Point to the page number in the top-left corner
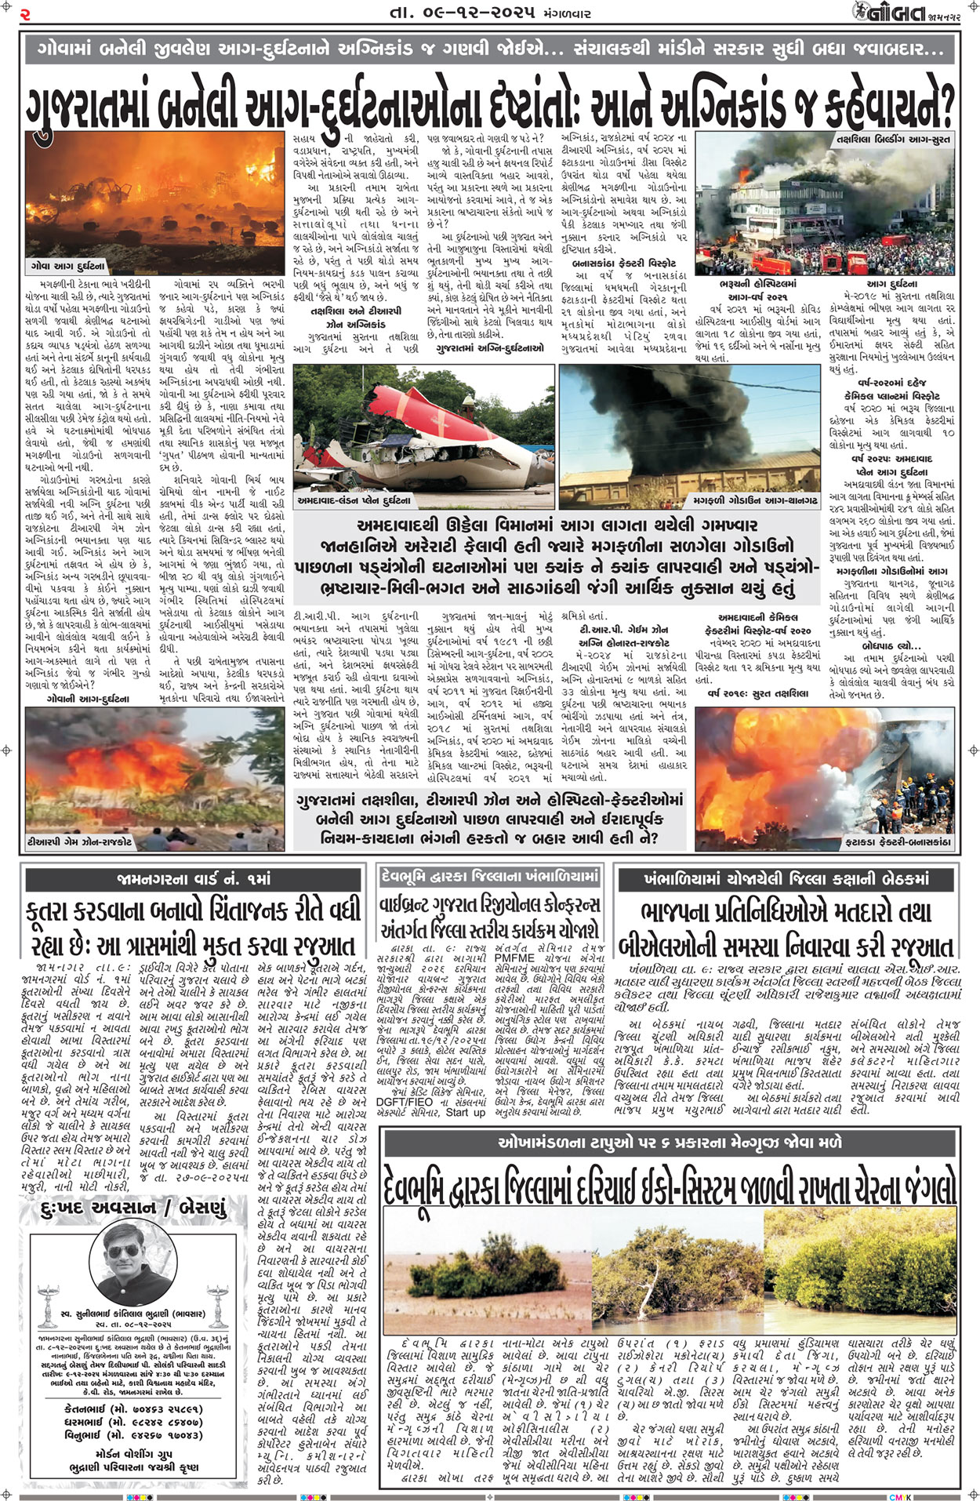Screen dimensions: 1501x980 pos(25,13)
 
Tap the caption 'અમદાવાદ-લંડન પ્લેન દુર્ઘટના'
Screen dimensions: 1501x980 pos(354,500)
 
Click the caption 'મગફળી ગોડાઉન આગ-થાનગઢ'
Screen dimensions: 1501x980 pos(755,500)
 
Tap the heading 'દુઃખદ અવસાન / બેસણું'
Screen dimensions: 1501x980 pos(132,1208)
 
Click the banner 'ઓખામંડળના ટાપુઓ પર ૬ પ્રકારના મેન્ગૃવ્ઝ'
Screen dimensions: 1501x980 pos(670,1143)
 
